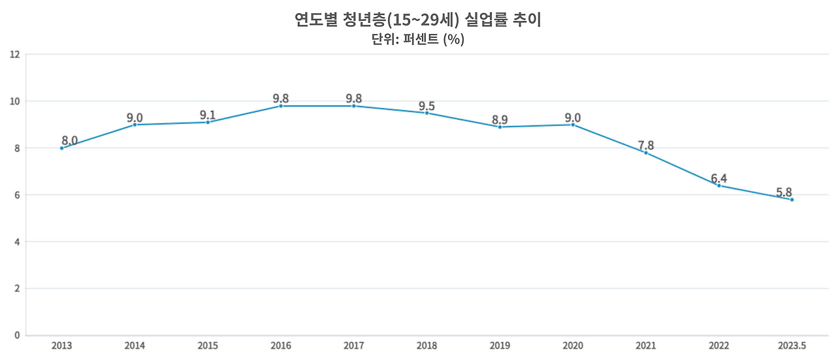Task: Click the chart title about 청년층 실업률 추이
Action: (418, 20)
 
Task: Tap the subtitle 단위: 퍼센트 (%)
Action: (418, 39)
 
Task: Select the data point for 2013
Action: (62, 148)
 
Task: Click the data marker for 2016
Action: (281, 106)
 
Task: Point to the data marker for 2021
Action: (646, 153)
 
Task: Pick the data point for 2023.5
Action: (792, 199)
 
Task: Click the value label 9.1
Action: (208, 115)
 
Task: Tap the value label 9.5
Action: (426, 106)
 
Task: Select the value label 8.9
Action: (500, 120)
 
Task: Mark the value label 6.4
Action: (718, 178)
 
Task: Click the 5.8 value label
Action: (784, 193)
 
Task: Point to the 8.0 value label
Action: (70, 140)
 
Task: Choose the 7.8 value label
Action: (646, 145)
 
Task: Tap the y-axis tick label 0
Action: (17, 336)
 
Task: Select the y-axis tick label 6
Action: (17, 195)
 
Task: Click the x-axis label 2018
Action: (426, 346)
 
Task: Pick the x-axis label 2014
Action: (135, 346)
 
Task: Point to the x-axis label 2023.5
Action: (792, 346)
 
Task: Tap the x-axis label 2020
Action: (573, 346)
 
